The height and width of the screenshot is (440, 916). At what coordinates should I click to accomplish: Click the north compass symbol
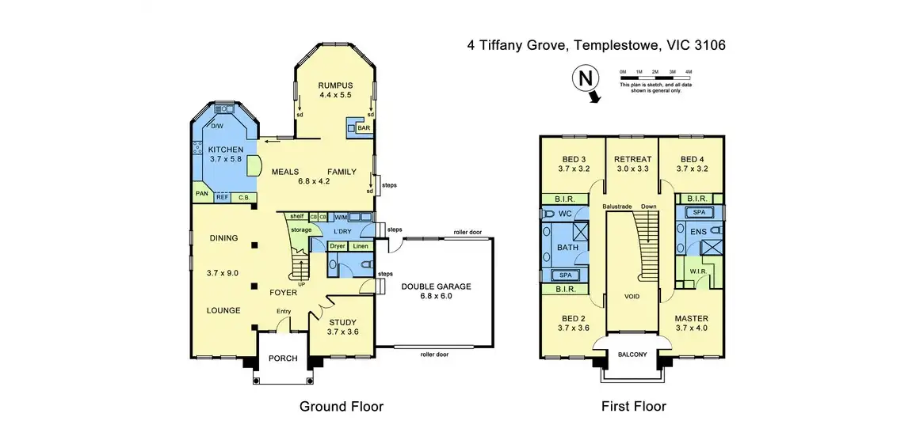point(585,79)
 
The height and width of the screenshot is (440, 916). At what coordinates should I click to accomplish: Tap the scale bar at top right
point(655,77)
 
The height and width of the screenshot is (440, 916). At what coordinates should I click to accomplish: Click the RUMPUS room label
point(335,85)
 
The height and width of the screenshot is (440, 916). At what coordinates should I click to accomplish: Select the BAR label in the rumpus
point(364,128)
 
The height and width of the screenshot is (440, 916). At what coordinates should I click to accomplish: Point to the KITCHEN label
point(225,150)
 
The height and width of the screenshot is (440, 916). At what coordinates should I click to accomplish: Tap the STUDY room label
point(342,321)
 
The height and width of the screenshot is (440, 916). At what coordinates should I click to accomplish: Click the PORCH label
point(283,358)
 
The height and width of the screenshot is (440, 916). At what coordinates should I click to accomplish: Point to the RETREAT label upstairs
point(632,159)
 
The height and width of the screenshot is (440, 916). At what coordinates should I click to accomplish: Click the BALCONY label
point(632,354)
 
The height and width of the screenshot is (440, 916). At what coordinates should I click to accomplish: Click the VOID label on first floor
point(632,296)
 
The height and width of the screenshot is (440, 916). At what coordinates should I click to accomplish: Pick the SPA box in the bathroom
point(566,274)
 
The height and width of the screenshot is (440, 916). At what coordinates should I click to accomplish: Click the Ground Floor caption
point(341,407)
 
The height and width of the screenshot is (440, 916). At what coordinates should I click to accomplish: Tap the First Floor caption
point(633,407)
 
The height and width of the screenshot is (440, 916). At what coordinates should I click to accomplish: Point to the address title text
point(596,45)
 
